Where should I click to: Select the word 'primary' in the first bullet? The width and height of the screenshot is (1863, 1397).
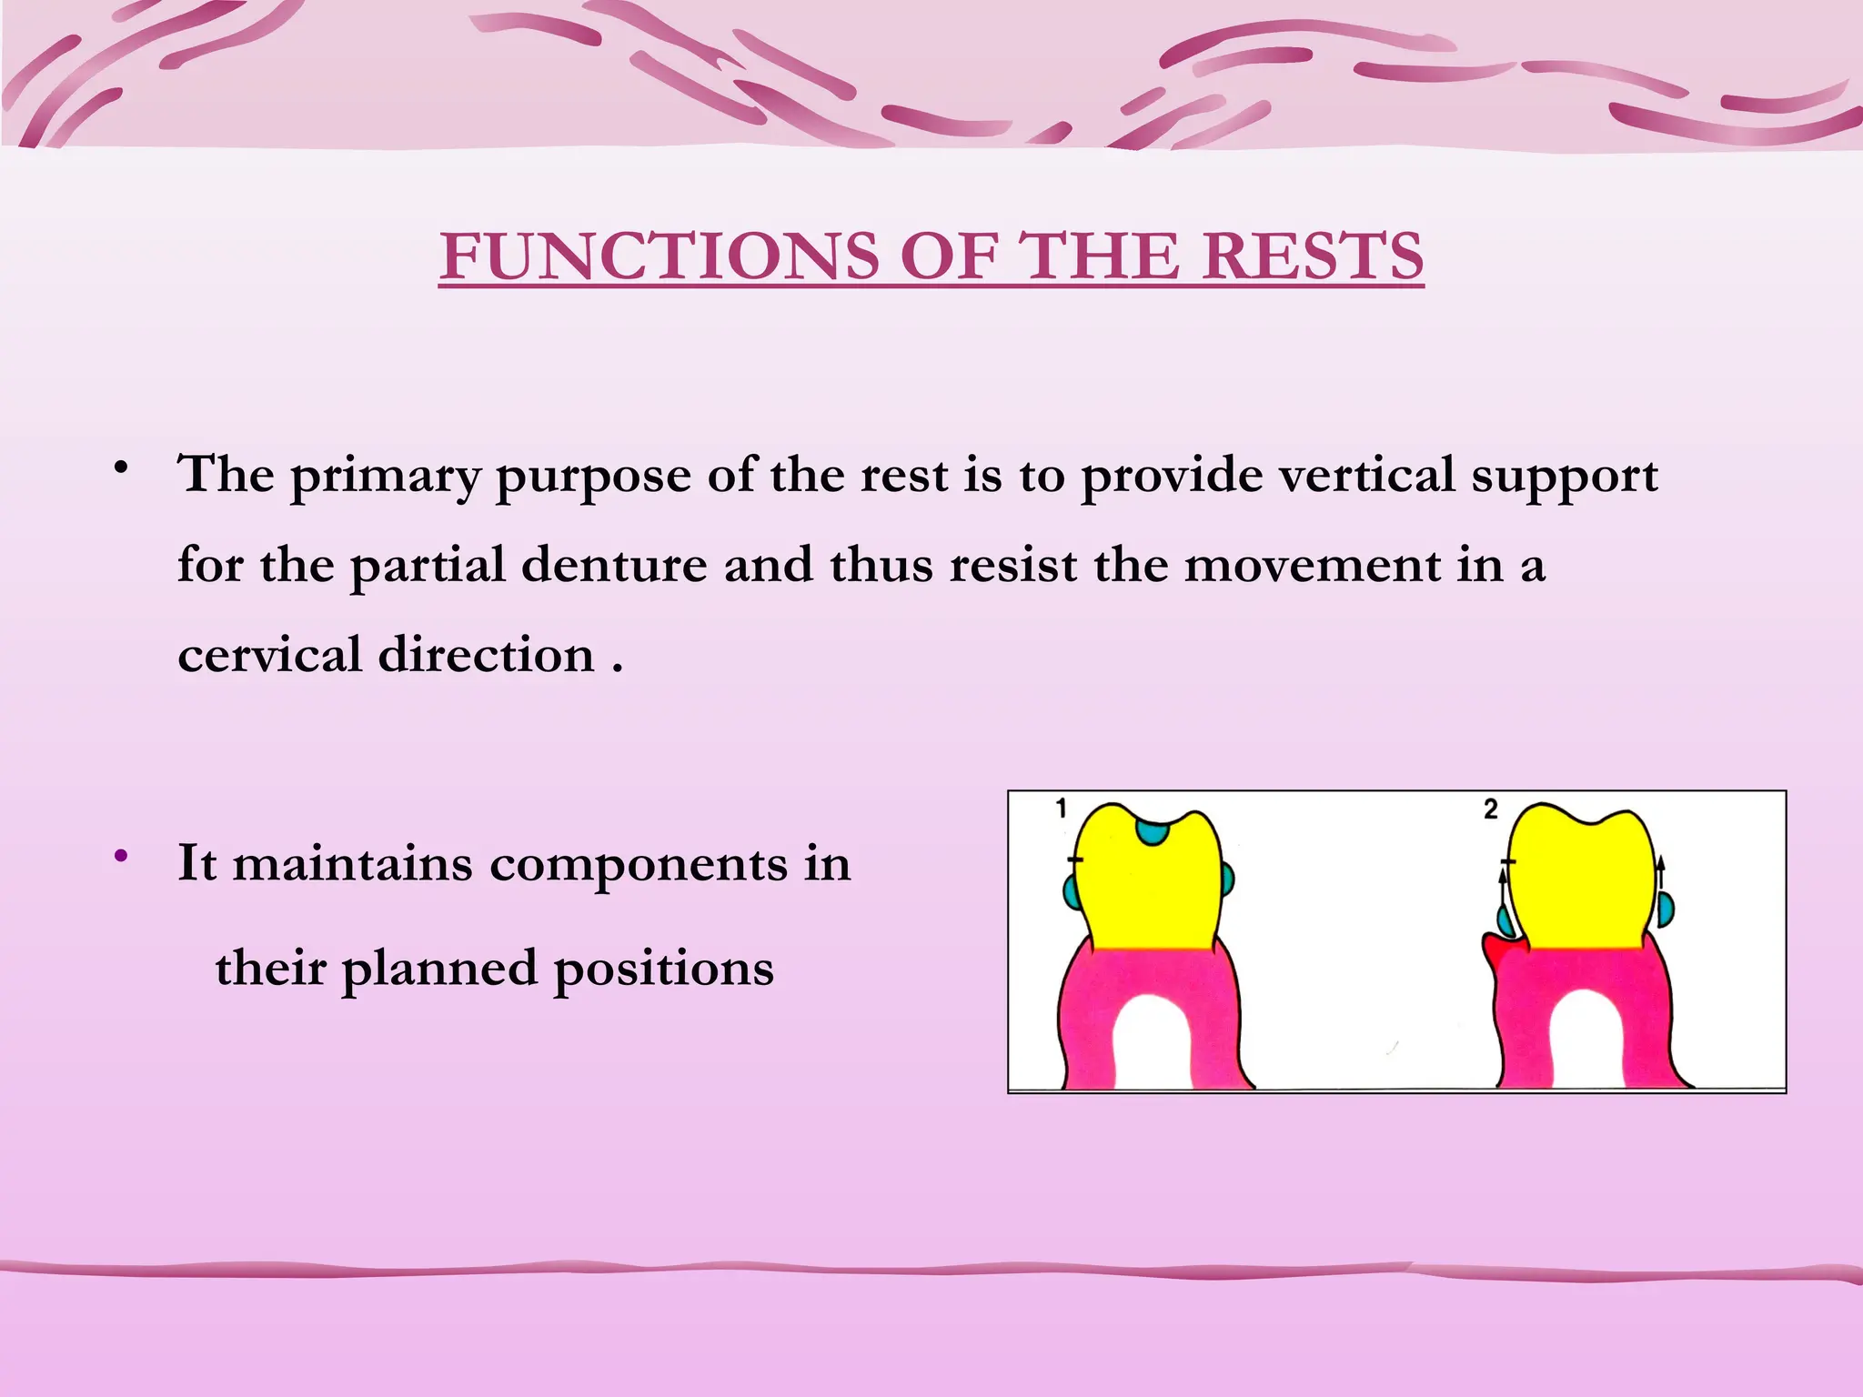click(384, 476)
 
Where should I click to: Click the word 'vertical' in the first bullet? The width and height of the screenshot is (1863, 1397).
click(1367, 475)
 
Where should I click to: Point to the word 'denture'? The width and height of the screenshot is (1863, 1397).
click(614, 565)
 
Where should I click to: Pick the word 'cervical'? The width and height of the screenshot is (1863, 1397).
click(269, 655)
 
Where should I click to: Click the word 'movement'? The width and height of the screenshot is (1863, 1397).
click(1312, 565)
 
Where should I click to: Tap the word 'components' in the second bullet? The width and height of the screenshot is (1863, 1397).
click(639, 863)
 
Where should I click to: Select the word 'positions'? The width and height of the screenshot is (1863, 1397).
click(663, 968)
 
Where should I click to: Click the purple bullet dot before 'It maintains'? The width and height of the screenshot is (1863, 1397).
click(120, 856)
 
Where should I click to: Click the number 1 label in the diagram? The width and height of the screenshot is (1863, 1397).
click(1061, 808)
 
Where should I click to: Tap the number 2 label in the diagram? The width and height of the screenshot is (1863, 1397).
click(1490, 809)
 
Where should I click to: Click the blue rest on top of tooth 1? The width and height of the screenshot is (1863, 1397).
click(1153, 831)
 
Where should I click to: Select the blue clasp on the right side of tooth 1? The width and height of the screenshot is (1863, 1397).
click(1227, 879)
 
